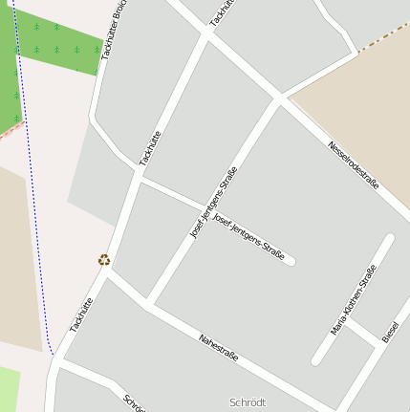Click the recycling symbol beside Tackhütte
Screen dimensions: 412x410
coord(103,259)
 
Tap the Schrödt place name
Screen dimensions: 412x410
coord(248,402)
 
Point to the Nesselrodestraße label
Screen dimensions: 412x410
coord(354,163)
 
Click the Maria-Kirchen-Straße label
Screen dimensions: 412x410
coord(354,301)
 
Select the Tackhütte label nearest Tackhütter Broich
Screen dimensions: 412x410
coord(150,148)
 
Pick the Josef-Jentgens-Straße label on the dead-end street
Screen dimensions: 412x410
coord(248,238)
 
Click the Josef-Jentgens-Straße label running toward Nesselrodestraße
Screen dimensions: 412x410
coord(213,203)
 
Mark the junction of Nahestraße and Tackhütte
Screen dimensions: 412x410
coord(108,270)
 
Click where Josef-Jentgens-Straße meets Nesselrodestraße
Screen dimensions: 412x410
coord(279,98)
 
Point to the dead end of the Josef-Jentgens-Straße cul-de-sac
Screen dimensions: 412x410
coord(290,260)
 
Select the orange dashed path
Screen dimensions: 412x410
coord(382,38)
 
